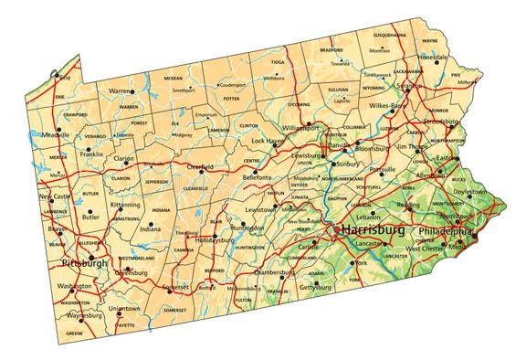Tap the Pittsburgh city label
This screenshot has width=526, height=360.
84,263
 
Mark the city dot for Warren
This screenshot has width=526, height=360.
133,91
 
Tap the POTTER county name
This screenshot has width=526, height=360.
230,98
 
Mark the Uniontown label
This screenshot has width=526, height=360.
124,309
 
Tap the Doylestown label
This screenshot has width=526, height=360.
470,192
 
